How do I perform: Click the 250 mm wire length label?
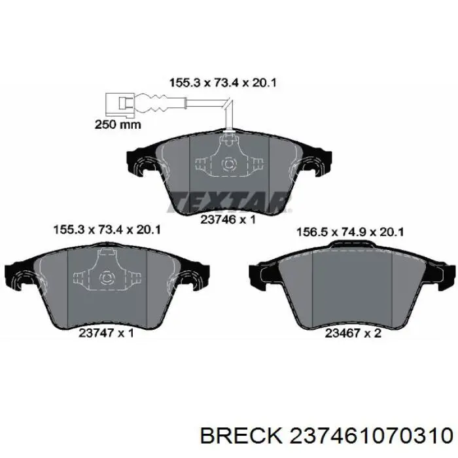118,125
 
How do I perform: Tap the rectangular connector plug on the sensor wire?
120,103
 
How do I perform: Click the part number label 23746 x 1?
228,219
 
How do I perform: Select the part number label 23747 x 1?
106,332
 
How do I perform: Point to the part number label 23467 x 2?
353,332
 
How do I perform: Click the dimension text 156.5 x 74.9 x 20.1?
350,232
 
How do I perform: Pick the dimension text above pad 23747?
107,229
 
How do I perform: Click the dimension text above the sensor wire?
222,82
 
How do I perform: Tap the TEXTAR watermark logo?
229,202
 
